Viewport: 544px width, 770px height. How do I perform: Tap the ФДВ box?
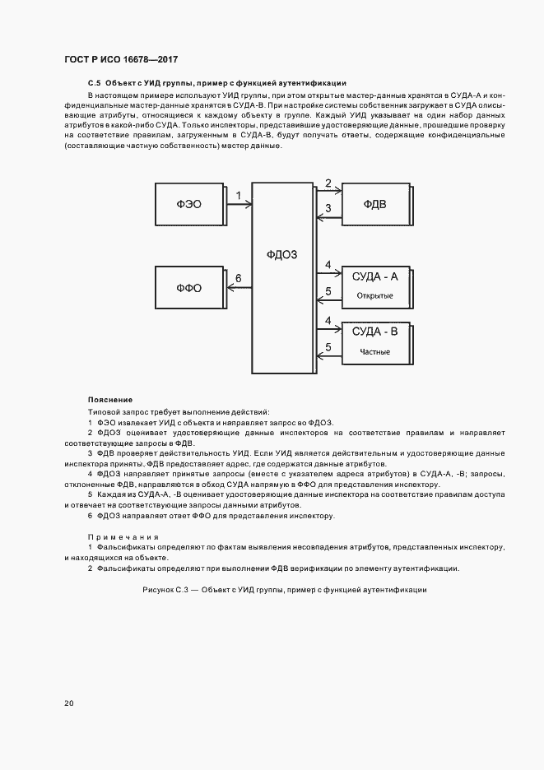(374, 203)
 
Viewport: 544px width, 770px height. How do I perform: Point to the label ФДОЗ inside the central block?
(282, 254)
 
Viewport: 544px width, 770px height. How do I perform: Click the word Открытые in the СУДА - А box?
(374, 295)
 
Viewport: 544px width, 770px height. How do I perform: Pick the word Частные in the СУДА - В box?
(374, 352)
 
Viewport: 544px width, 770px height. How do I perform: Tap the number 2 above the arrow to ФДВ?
(328, 183)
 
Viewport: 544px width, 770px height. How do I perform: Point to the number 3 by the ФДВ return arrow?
(328, 209)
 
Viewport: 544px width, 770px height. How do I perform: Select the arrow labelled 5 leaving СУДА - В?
(328, 355)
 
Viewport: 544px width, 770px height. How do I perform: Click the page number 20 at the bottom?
(69, 703)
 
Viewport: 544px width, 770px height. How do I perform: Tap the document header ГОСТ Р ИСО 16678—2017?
(121, 60)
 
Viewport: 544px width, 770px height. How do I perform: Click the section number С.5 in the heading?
(94, 83)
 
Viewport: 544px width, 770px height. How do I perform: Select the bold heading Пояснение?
(110, 400)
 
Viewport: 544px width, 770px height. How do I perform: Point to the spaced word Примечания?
(123, 536)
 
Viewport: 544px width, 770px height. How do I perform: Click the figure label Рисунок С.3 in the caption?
(166, 591)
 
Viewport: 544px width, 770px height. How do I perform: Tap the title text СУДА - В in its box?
(374, 332)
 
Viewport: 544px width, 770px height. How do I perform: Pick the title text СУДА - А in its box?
(374, 276)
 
